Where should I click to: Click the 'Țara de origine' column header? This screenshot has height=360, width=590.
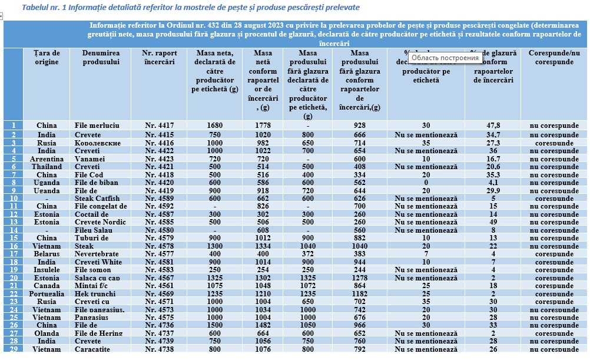(47, 57)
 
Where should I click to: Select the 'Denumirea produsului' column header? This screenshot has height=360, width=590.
(97, 57)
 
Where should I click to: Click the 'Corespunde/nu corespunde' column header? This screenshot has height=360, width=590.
(553, 57)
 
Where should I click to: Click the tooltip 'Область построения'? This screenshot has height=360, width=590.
(445, 58)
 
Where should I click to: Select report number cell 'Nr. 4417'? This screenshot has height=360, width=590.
(160, 125)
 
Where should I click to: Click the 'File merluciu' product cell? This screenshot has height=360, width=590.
(97, 125)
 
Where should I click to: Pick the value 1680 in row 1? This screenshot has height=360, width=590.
(215, 125)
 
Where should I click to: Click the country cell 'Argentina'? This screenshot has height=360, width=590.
(47, 159)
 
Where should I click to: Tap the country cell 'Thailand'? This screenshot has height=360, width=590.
(47, 167)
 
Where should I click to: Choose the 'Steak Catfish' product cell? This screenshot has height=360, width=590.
(97, 199)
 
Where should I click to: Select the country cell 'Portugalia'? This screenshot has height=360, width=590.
(47, 294)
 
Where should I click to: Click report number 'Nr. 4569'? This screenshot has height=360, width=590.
(160, 294)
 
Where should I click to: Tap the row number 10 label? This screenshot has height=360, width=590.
(13, 199)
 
